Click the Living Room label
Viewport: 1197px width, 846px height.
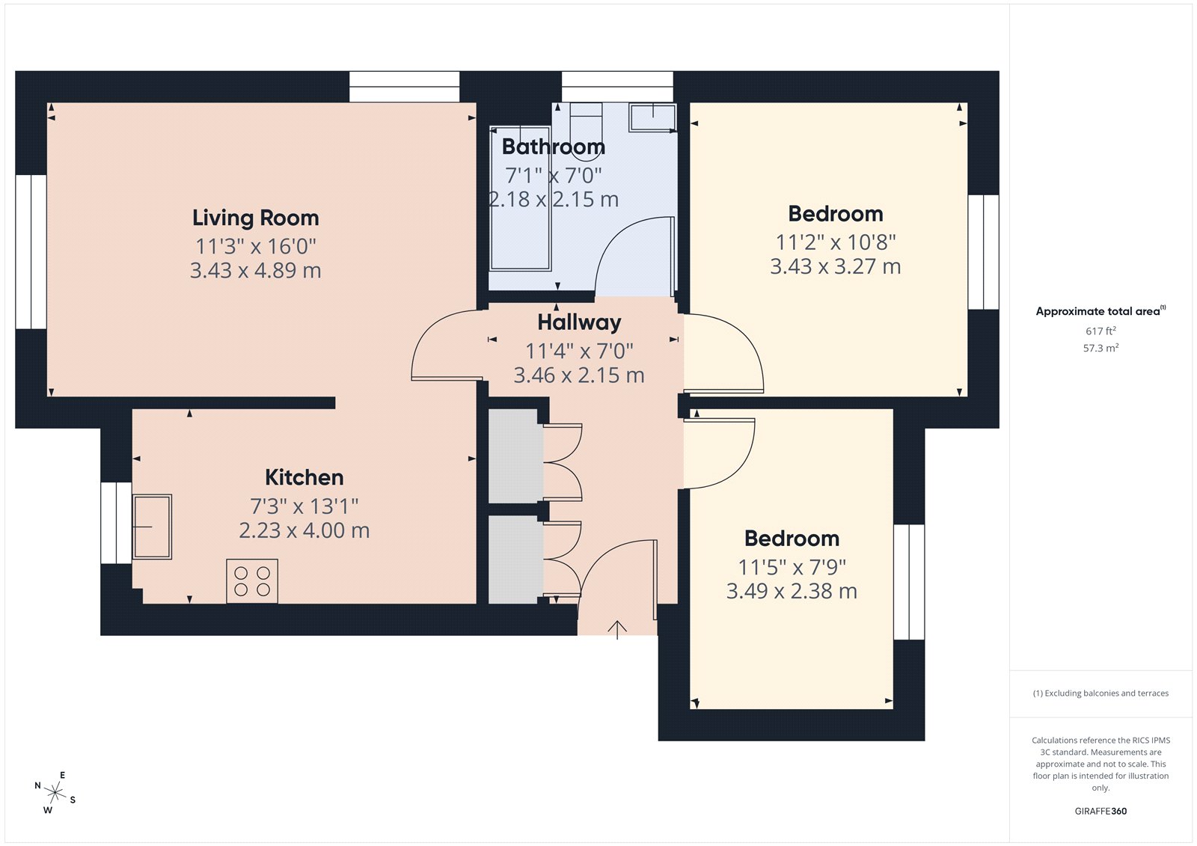255,218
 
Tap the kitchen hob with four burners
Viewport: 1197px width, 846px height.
252,581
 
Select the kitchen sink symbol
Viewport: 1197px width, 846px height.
152,527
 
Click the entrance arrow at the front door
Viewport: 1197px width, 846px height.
616,630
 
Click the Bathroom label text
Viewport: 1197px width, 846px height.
553,147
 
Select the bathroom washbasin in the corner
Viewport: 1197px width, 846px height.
652,117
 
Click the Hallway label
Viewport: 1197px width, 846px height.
579,322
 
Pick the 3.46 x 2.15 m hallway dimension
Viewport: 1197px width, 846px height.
578,375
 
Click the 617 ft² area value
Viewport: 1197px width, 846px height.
1100,331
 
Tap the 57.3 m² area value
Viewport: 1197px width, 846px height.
1100,348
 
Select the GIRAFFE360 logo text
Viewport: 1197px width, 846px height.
1100,811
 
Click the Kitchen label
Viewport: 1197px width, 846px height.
304,477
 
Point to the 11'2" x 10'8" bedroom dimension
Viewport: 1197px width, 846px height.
835,242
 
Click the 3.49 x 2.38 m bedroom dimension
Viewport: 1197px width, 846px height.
791,591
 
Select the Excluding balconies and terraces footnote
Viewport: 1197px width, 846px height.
1100,693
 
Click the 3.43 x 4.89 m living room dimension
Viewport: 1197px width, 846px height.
255,270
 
